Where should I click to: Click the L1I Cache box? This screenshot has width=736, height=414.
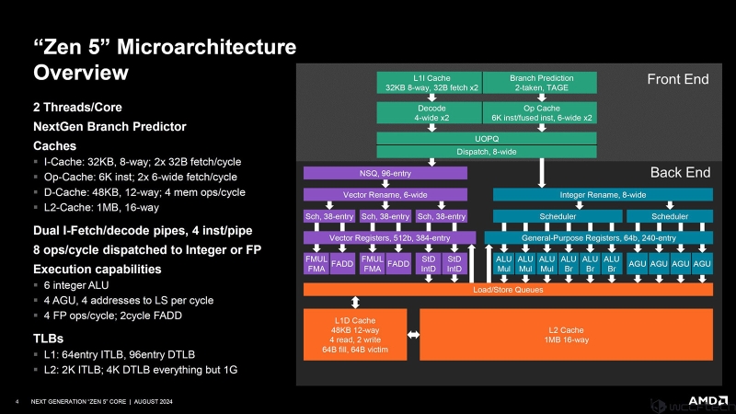point(429,82)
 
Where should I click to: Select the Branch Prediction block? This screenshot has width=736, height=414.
point(538,82)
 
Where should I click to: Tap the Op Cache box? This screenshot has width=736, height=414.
point(538,112)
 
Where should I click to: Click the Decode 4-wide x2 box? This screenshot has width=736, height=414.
point(429,112)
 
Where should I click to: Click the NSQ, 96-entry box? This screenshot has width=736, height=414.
point(385,172)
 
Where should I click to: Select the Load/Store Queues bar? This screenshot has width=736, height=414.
point(508,290)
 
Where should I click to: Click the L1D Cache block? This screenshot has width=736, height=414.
point(355,334)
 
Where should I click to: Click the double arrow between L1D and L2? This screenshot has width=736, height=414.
point(413,334)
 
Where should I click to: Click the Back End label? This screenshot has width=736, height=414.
point(680,172)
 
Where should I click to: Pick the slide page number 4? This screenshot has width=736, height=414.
point(18,402)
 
